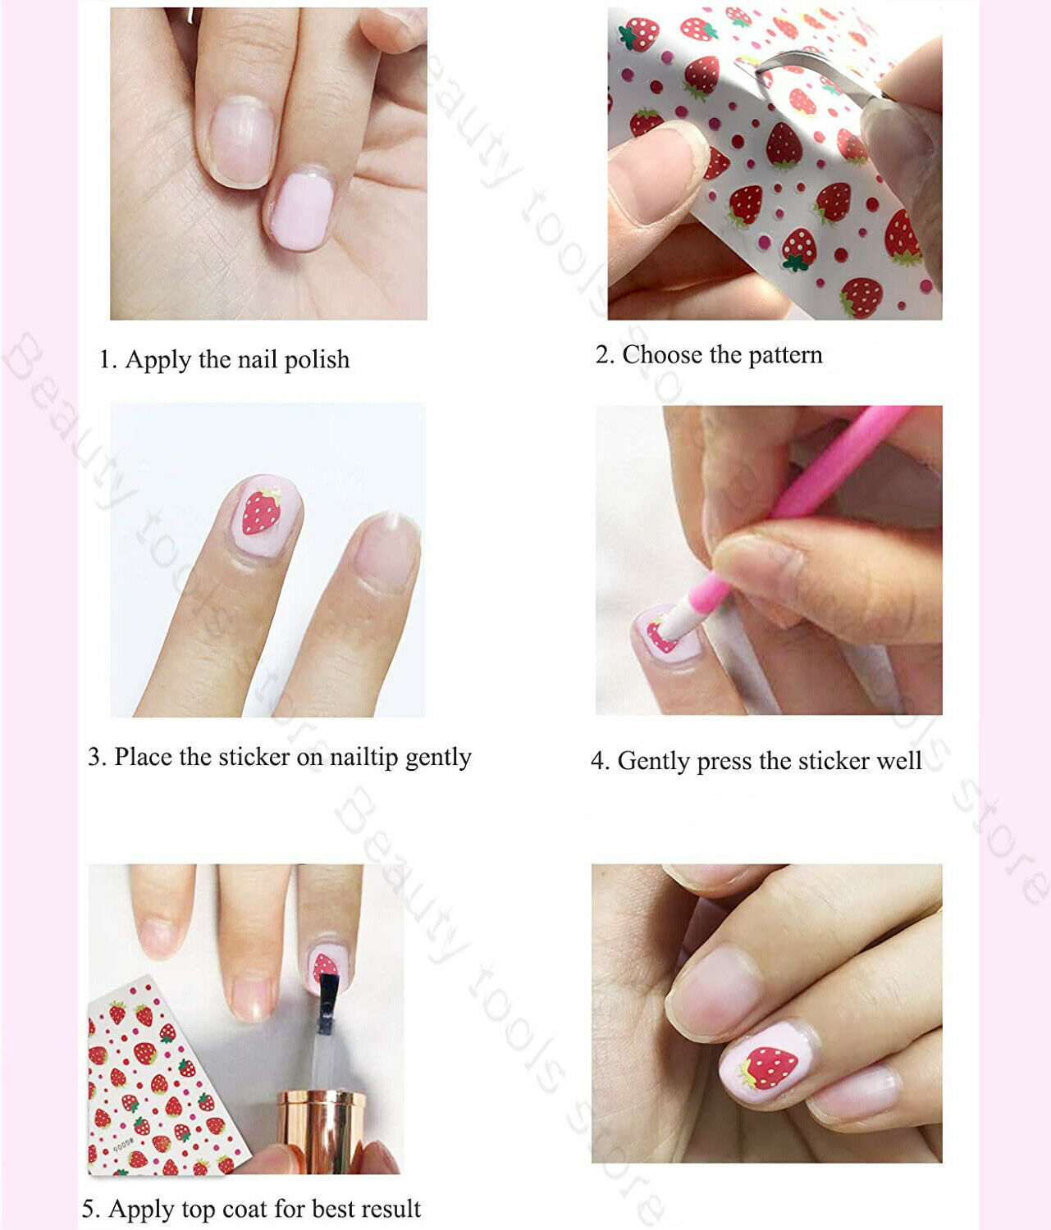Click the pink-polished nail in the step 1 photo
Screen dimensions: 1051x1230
(x=302, y=209)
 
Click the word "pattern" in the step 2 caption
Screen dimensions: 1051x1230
(x=785, y=355)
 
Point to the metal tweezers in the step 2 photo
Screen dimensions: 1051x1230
(x=822, y=75)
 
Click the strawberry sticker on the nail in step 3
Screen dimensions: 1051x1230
(x=261, y=512)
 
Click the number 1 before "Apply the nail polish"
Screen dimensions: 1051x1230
(x=107, y=359)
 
